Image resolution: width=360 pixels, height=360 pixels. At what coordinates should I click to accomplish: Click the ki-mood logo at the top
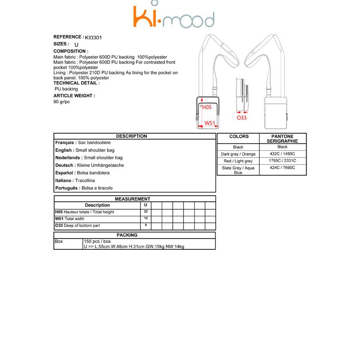pyautogui.click(x=173, y=18)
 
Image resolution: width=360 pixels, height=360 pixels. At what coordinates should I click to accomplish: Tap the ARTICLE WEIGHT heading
pyautogui.click(x=74, y=96)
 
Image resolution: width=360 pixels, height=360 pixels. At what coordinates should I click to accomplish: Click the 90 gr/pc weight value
pyautogui.click(x=62, y=102)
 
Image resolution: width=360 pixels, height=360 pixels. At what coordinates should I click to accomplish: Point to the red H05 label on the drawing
pyautogui.click(x=207, y=107)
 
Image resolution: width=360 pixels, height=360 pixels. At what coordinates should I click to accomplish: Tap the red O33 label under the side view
pyautogui.click(x=242, y=117)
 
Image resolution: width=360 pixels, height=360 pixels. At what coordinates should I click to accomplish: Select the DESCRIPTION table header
pyautogui.click(x=131, y=136)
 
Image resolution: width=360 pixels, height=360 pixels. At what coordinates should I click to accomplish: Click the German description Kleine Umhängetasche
pyautogui.click(x=101, y=165)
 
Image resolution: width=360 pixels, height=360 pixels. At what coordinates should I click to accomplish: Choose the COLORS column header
pyautogui.click(x=238, y=136)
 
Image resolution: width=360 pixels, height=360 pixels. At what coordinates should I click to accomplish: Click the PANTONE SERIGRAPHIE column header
pyautogui.click(x=283, y=139)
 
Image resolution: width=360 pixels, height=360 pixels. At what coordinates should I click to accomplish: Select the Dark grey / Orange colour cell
pyautogui.click(x=238, y=154)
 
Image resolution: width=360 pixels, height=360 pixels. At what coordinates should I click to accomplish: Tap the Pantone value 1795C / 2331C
pyautogui.click(x=282, y=161)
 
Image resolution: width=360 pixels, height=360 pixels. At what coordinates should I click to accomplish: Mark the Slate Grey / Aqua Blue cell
pyautogui.click(x=238, y=170)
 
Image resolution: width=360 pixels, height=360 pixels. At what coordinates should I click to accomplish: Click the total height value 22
pyautogui.click(x=146, y=211)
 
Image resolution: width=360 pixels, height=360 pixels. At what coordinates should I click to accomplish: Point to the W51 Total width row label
pyautogui.click(x=70, y=219)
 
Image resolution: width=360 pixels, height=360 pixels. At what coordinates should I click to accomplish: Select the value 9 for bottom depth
pyautogui.click(x=146, y=225)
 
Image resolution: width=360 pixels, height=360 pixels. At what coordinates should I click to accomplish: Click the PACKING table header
pyautogui.click(x=127, y=235)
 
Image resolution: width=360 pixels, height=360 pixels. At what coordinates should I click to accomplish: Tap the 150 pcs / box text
pyautogui.click(x=97, y=241)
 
